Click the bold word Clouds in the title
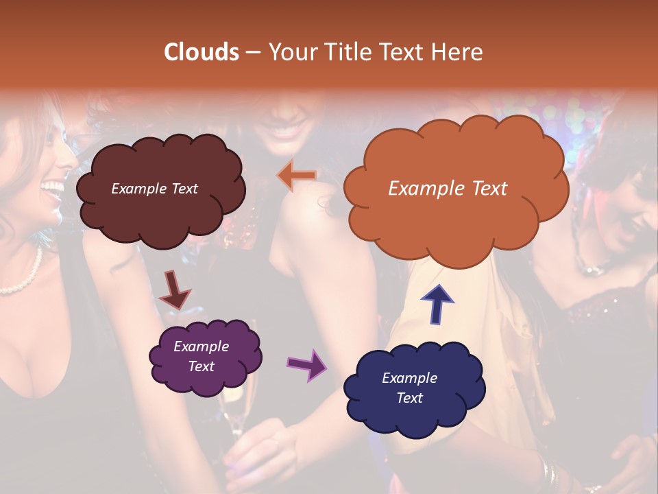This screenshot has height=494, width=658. (202, 52)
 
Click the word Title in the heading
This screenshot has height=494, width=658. (346, 52)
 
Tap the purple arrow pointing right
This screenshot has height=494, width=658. (307, 364)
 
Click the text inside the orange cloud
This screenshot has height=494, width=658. (448, 189)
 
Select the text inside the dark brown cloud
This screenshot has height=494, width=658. (154, 189)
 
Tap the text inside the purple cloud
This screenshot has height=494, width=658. (201, 356)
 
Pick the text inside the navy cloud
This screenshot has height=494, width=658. (409, 388)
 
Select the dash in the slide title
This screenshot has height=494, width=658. (252, 53)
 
